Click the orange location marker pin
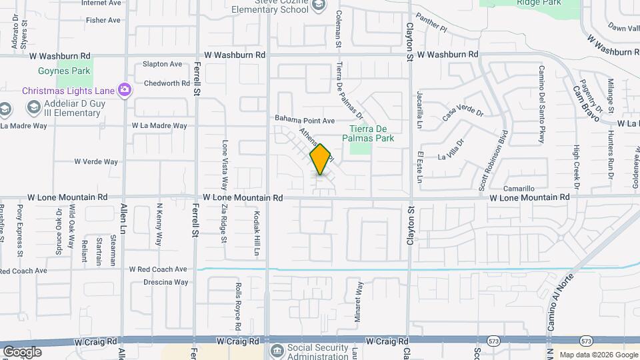(321, 159)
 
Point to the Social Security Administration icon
(277, 350)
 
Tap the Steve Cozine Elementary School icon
(319, 5)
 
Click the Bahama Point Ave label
(305, 120)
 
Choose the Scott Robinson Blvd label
(495, 159)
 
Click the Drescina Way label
(166, 282)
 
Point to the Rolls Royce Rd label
(237, 306)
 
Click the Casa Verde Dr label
(463, 113)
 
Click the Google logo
(22, 351)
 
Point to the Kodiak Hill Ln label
(256, 233)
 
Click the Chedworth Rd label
(167, 83)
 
